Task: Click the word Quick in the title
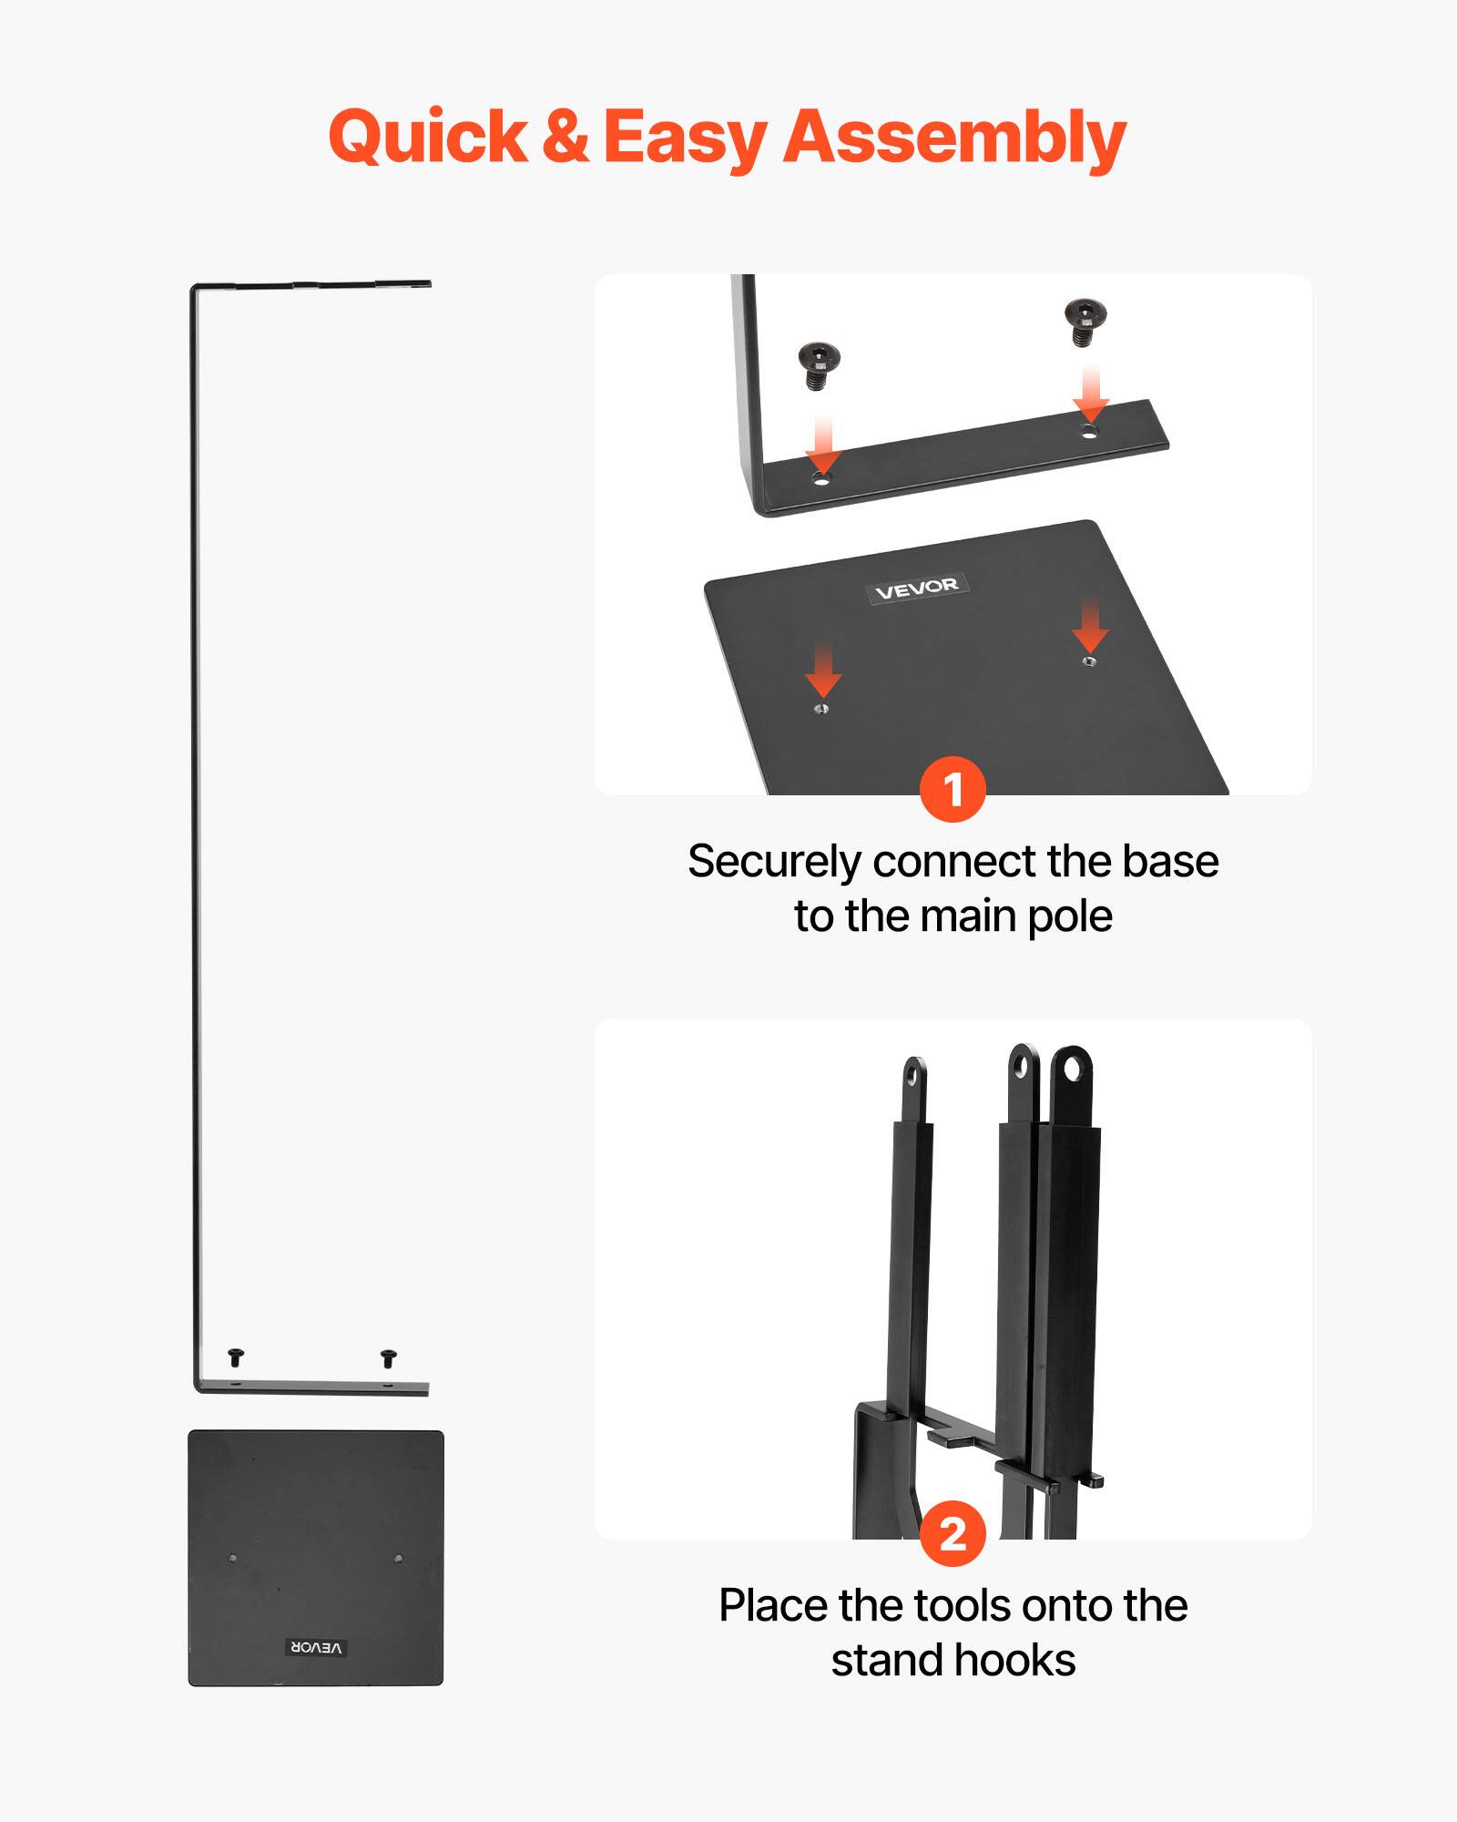pyautogui.click(x=428, y=137)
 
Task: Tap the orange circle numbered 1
pyautogui.click(x=953, y=789)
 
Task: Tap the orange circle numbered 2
pyautogui.click(x=953, y=1533)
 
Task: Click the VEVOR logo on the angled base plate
pyautogui.click(x=916, y=589)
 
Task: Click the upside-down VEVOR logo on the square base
pyautogui.click(x=316, y=1647)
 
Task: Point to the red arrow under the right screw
pyautogui.click(x=1090, y=394)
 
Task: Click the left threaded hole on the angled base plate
pyautogui.click(x=821, y=708)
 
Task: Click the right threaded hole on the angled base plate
pyautogui.click(x=1089, y=661)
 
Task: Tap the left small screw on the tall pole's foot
pyautogui.click(x=236, y=1357)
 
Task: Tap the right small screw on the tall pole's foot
pyautogui.click(x=389, y=1358)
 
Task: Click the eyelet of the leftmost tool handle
pyautogui.click(x=914, y=1075)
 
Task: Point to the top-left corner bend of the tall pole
pyautogui.click(x=195, y=291)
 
